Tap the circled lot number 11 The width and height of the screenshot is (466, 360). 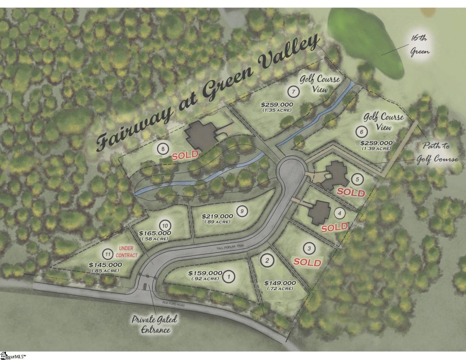tap(107, 254)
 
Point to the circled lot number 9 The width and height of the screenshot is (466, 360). tap(242, 211)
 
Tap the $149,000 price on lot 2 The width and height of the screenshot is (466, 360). tap(280, 283)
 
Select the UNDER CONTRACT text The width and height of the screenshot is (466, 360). tap(127, 250)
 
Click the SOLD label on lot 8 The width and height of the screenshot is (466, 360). tap(185, 155)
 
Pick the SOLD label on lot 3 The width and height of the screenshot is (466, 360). tap(307, 263)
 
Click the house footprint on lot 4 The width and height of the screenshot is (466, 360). tap(319, 211)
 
